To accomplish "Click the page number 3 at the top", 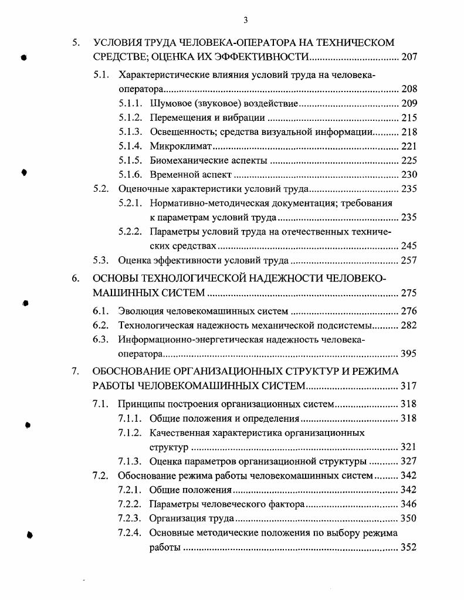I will tap(246, 21).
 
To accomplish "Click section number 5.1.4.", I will tap(130, 146).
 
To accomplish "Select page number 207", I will tap(408, 57).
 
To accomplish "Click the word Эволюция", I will tap(141, 311).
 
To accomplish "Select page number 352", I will tap(408, 547).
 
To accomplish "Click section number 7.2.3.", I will tap(130, 518).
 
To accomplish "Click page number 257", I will tap(408, 260).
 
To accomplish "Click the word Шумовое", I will tap(170, 103).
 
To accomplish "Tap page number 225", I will tap(408, 160).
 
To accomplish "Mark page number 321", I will tap(408, 447).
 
